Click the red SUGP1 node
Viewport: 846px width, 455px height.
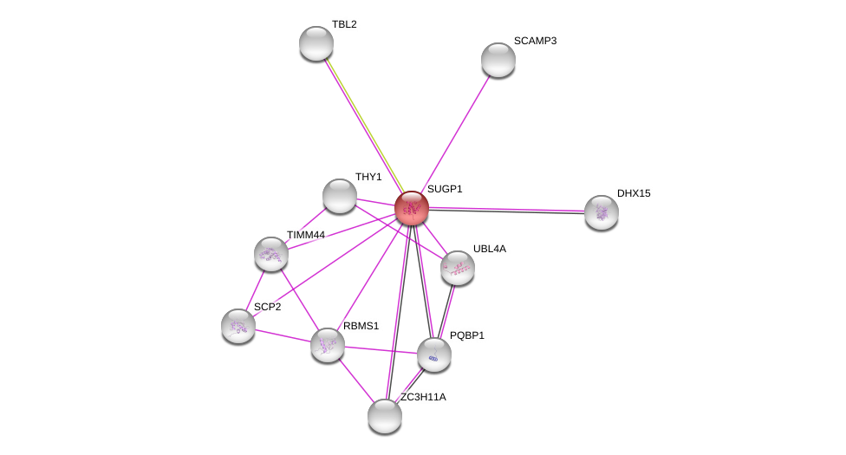412,208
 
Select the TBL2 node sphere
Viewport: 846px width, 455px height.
316,43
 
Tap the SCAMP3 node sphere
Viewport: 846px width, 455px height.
498,60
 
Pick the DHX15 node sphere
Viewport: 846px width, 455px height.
601,212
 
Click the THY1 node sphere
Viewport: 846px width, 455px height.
340,196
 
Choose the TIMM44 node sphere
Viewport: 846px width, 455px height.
270,254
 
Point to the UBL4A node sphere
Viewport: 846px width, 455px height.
458,268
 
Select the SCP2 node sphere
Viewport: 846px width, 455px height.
238,326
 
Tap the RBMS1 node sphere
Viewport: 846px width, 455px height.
328,345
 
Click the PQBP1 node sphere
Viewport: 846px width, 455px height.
433,354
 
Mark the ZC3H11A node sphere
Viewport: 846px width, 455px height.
385,416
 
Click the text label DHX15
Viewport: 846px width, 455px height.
634,193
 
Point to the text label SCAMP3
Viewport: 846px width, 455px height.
535,41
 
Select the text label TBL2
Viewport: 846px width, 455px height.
344,24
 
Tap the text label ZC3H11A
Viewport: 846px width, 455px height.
423,397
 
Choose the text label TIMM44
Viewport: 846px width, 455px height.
306,236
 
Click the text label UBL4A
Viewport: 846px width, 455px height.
490,249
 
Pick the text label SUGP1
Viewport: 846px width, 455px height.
445,189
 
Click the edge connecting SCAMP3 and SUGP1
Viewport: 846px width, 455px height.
455,133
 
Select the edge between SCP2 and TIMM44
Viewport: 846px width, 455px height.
255,290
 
